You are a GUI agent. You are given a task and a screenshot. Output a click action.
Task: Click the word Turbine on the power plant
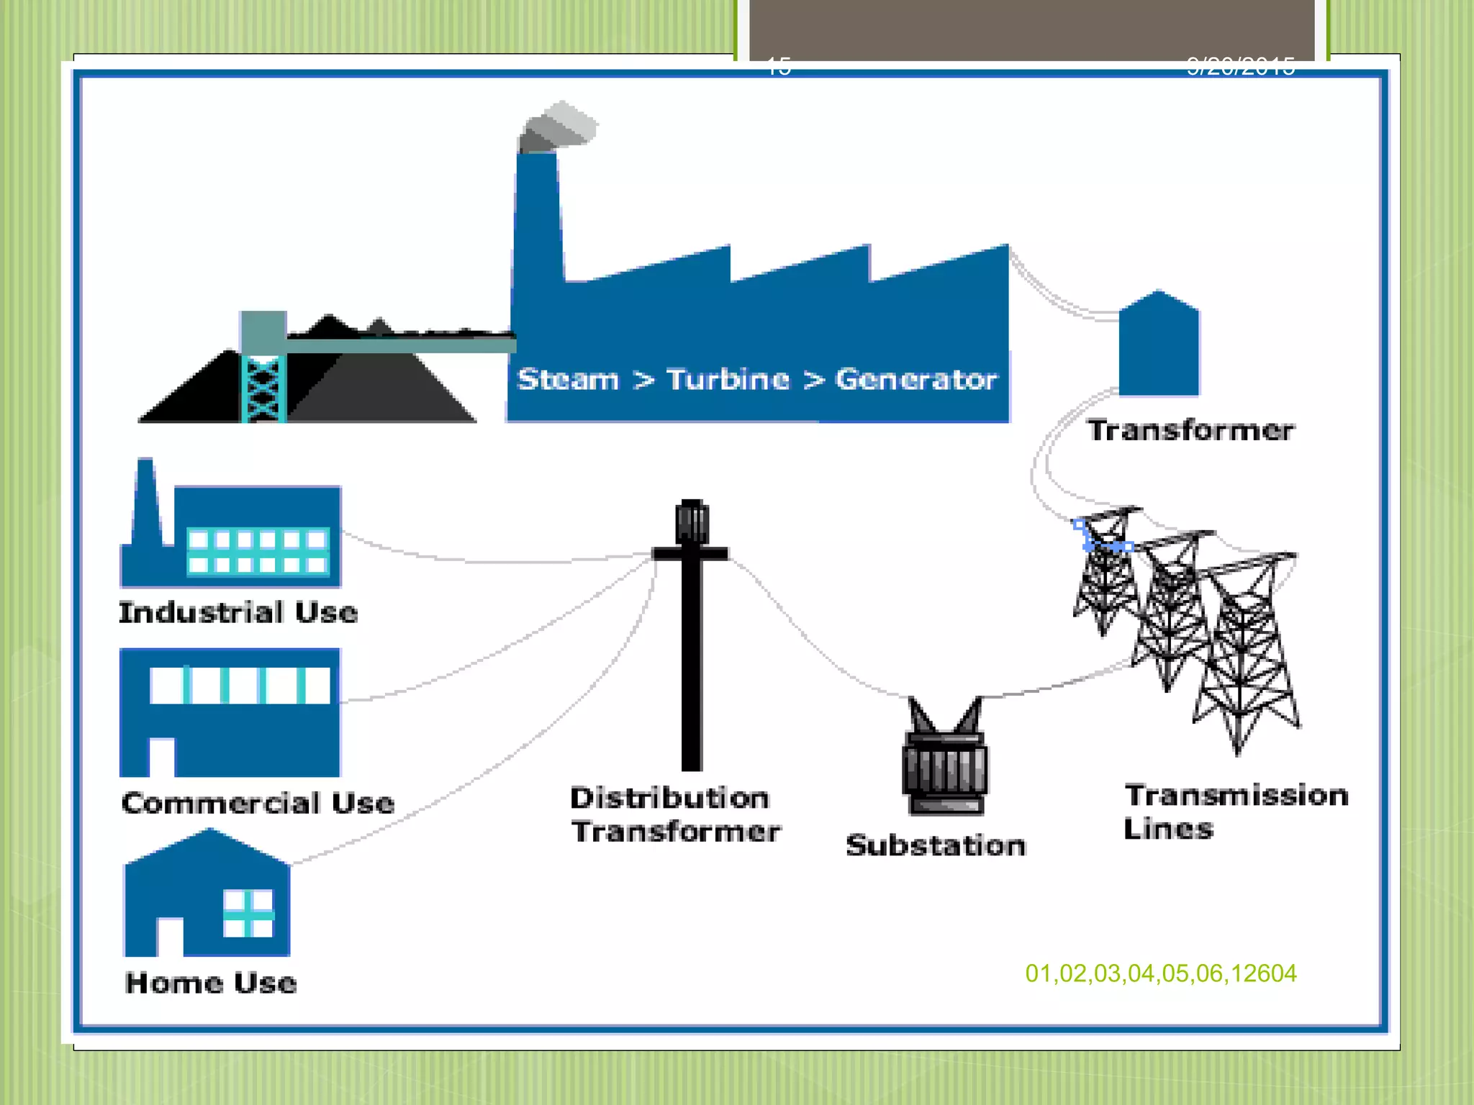click(x=728, y=379)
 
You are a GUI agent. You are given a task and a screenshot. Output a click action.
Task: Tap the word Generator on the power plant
click(x=915, y=379)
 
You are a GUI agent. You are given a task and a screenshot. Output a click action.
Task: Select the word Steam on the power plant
click(x=568, y=379)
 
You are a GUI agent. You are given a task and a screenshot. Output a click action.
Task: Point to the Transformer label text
click(x=1190, y=430)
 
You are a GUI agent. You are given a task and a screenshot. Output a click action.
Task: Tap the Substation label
click(x=936, y=845)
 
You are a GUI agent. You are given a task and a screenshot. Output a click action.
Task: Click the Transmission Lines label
click(x=1235, y=811)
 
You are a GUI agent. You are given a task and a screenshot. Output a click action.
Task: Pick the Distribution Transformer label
click(x=675, y=814)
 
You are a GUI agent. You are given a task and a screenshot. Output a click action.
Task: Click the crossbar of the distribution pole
click(x=690, y=553)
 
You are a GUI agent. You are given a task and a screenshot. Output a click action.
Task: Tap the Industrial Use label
click(x=238, y=612)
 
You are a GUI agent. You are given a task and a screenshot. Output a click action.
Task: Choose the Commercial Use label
click(x=258, y=803)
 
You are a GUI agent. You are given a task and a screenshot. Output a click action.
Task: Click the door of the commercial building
click(x=162, y=758)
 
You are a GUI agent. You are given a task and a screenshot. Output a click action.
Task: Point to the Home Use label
click(x=211, y=983)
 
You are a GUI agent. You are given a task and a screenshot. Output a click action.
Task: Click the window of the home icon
click(x=248, y=914)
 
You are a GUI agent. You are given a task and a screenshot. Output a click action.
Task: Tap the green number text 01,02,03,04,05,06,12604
click(x=1161, y=973)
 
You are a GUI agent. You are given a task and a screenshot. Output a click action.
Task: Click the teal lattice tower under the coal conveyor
click(x=263, y=388)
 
